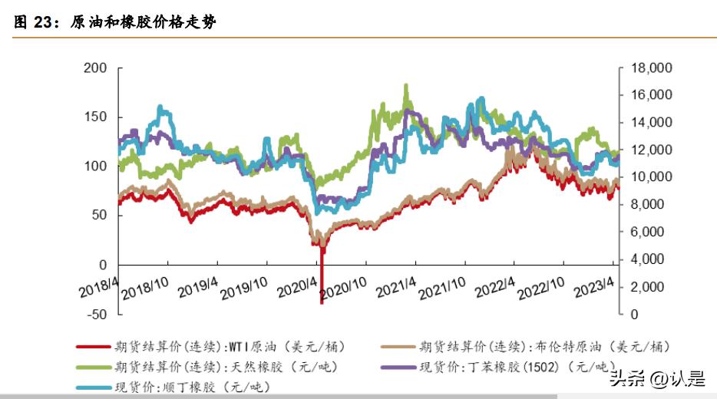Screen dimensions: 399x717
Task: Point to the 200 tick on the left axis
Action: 95,68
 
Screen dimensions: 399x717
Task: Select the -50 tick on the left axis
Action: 95,314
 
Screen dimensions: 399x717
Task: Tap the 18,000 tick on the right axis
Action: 650,68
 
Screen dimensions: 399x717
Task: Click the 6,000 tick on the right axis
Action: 647,232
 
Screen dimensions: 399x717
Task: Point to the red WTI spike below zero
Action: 322,295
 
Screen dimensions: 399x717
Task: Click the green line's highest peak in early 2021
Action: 405,86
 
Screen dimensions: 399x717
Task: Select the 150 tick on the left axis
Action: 95,117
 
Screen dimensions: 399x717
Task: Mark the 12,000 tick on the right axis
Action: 650,150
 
